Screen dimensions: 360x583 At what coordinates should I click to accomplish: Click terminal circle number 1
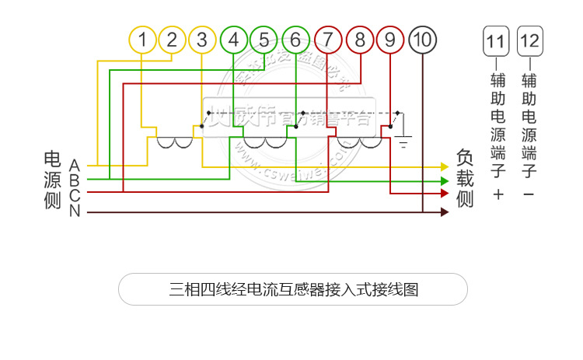point(142,40)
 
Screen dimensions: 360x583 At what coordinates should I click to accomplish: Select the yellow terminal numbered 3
point(202,40)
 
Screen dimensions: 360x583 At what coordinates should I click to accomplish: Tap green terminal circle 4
point(234,40)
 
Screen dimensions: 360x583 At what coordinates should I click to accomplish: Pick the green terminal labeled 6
point(295,40)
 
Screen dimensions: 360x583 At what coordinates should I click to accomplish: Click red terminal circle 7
point(329,40)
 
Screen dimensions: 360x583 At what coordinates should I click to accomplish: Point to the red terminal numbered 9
point(390,40)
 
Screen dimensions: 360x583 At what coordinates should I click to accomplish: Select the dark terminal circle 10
point(422,40)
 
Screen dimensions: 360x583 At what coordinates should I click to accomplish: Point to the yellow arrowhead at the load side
point(445,166)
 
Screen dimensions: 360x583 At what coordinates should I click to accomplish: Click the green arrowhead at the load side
point(445,180)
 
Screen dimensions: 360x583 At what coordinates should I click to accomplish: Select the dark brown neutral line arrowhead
point(445,211)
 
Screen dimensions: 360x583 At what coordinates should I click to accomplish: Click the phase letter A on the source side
point(75,166)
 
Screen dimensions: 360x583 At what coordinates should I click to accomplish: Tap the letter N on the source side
point(75,211)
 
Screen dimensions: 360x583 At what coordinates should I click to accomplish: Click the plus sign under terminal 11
point(498,194)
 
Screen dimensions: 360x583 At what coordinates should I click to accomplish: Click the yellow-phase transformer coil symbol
point(175,143)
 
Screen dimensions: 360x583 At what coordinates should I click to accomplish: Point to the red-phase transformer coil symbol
point(359,143)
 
